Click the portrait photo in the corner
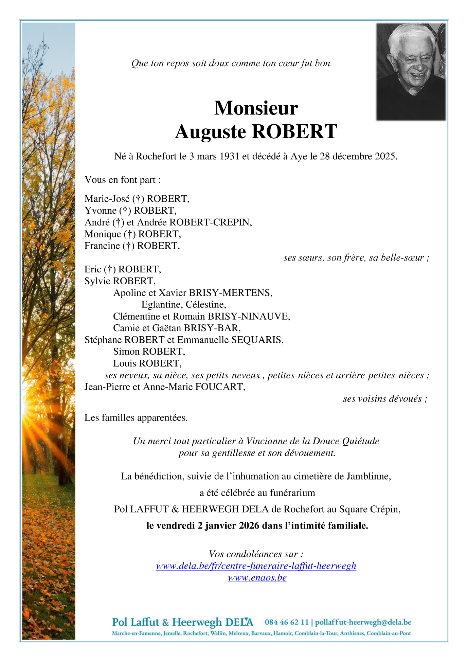pos(411,72)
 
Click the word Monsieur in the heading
pos(256,108)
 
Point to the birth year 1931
pos(229,156)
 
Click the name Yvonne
pos(101,211)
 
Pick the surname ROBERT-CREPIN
pos(210,222)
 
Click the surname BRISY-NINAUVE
pos(249,316)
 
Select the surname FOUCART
pos(220,387)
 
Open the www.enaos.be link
pos(257,578)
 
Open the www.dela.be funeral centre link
pos(256,566)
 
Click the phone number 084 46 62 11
pos(287,622)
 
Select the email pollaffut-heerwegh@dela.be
pos(363,622)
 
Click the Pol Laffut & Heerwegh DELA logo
pos(182,622)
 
